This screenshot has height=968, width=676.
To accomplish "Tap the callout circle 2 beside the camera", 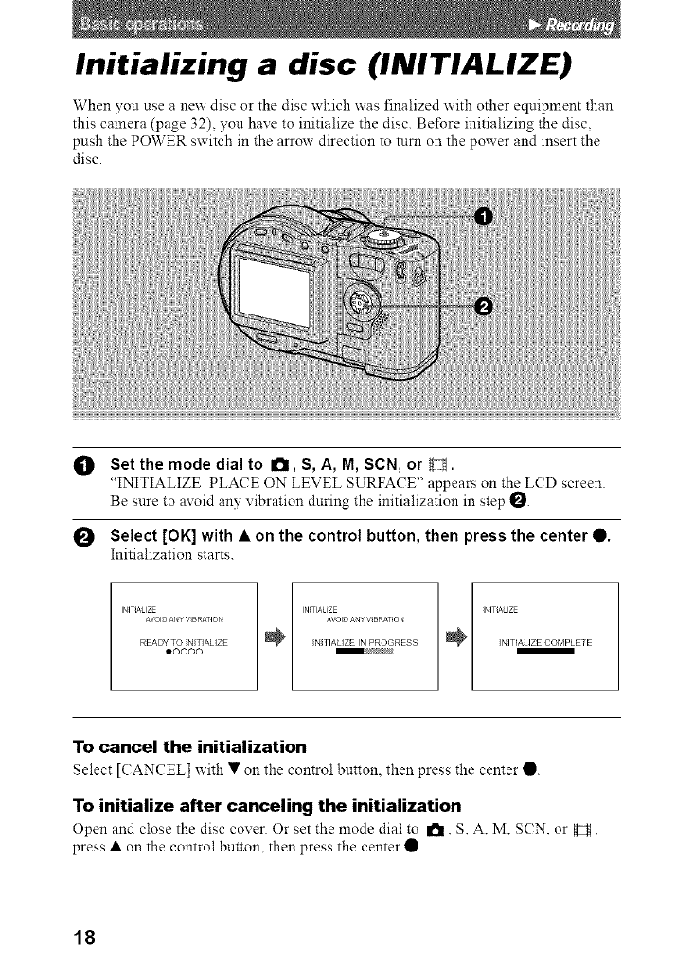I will [x=483, y=305].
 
